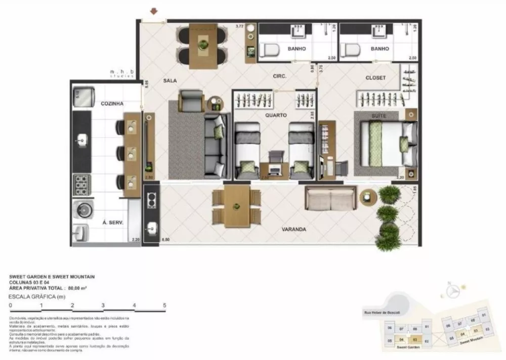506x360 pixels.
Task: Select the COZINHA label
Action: [x=112, y=104]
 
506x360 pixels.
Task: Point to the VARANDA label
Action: [x=294, y=229]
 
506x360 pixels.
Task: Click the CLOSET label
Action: [x=375, y=78]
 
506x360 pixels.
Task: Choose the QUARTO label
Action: [x=276, y=115]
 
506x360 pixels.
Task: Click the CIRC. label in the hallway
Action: [x=279, y=76]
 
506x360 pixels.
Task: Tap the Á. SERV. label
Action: [x=113, y=222]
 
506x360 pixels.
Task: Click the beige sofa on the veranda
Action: [x=329, y=199]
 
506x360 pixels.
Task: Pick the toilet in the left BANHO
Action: [x=269, y=50]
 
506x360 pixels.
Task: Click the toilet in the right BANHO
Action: [x=350, y=50]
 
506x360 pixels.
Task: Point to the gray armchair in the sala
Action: [x=191, y=100]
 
